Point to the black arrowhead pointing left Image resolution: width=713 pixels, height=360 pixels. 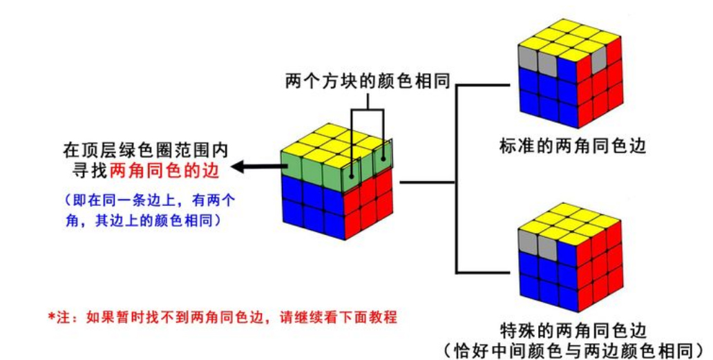[238, 167]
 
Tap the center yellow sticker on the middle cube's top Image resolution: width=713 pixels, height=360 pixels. [337, 146]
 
